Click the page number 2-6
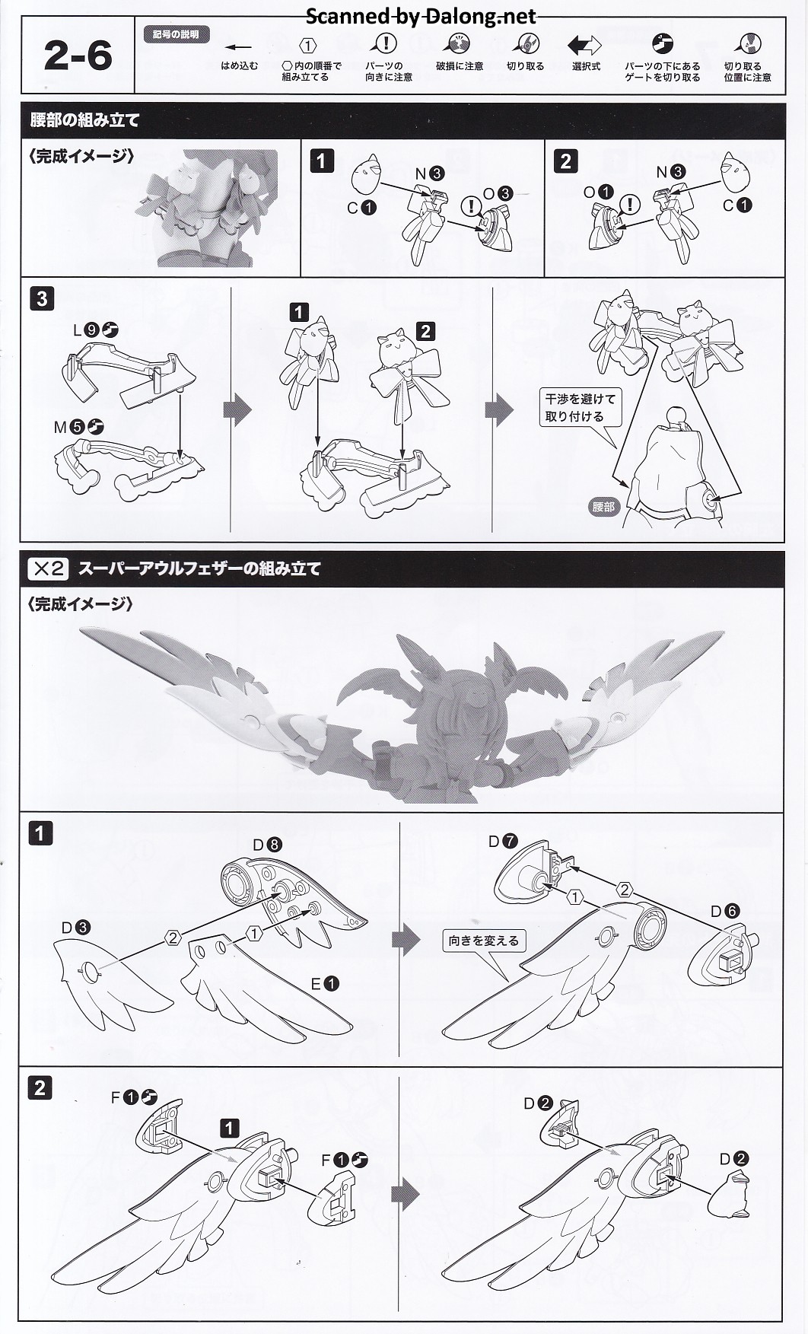point(78,56)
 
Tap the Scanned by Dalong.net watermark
point(421,16)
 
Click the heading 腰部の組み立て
point(84,119)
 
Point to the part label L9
point(96,330)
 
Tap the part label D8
point(267,844)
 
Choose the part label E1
point(324,984)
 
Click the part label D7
point(503,841)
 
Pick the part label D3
point(76,928)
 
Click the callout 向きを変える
point(484,941)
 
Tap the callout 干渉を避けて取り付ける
point(580,408)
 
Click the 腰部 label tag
point(603,506)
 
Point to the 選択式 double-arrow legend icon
point(584,45)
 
